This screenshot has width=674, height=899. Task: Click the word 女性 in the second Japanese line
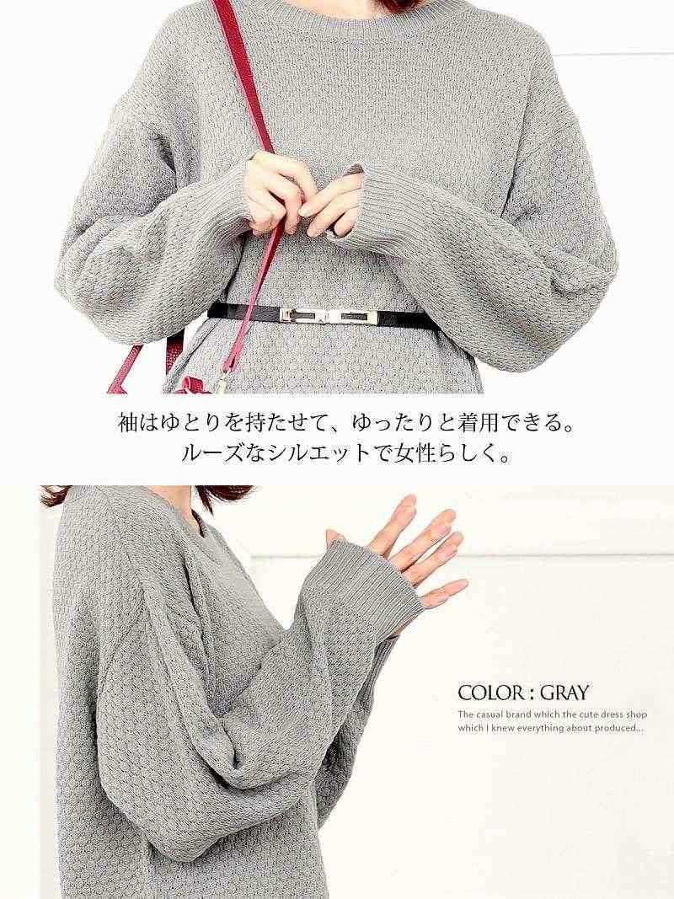click(424, 455)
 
